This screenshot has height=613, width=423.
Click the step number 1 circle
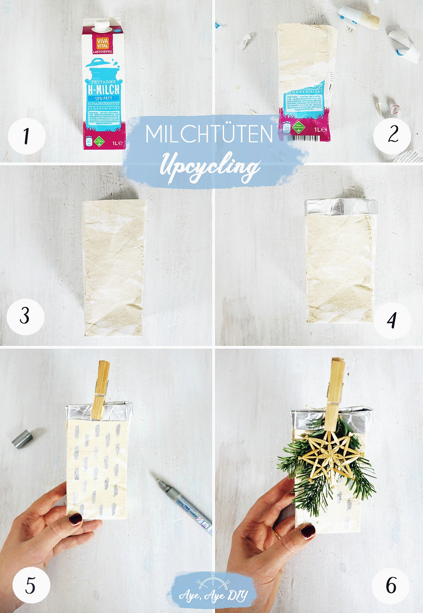click(x=26, y=136)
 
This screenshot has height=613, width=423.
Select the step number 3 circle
click(x=25, y=316)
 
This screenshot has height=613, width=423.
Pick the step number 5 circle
click(x=31, y=585)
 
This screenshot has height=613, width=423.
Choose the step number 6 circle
click(x=391, y=585)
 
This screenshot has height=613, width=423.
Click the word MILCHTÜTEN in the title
click(x=209, y=134)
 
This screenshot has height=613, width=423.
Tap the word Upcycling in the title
click(x=210, y=167)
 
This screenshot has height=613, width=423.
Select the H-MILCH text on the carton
click(x=103, y=89)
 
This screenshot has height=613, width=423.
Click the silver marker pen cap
click(x=22, y=439)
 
